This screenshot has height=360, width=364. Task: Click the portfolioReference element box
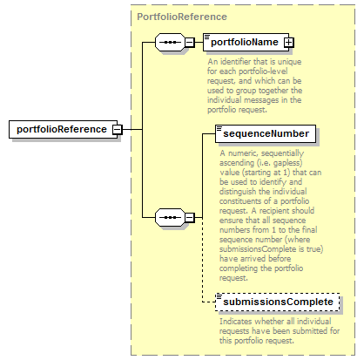(64, 129)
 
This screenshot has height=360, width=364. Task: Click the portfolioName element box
(246, 42)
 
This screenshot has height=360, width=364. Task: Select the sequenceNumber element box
(266, 133)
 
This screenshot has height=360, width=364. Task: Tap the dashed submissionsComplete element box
(277, 302)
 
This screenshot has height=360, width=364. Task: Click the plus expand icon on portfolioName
(288, 43)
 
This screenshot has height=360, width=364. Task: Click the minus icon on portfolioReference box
(118, 130)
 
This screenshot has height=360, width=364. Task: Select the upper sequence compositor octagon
(170, 43)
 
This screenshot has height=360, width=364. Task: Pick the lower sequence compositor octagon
(170, 217)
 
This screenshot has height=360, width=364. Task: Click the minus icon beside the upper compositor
(190, 43)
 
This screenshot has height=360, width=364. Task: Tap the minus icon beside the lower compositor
(190, 217)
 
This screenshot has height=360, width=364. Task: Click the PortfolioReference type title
(182, 17)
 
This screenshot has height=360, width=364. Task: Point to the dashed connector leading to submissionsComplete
(203, 261)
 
